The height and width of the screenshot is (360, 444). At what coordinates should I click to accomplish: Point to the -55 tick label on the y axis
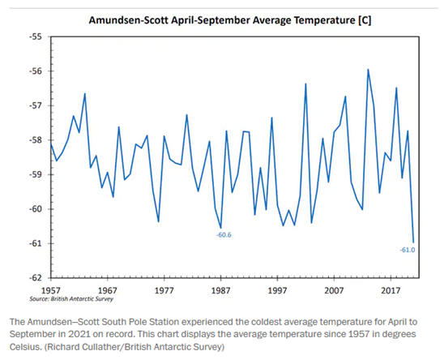(36, 36)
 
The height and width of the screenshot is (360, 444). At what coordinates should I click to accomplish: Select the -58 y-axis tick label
(36, 140)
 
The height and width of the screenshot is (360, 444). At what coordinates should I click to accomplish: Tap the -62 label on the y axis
(36, 278)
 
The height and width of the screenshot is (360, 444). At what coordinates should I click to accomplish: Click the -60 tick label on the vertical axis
(36, 209)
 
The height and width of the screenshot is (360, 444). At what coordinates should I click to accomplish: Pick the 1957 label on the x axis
(51, 290)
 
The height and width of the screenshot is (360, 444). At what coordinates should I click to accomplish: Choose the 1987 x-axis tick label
(221, 290)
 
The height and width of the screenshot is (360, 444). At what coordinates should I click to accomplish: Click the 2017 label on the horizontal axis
(391, 290)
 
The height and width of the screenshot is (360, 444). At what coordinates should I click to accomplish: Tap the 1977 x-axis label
(164, 290)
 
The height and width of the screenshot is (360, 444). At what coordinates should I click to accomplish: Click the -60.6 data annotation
(224, 235)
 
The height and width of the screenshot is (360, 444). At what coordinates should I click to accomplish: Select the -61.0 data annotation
(408, 250)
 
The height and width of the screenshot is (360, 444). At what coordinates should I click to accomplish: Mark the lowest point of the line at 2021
(413, 242)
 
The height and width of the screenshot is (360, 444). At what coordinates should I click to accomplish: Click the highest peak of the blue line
(368, 69)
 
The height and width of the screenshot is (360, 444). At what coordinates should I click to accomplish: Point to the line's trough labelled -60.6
(221, 228)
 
